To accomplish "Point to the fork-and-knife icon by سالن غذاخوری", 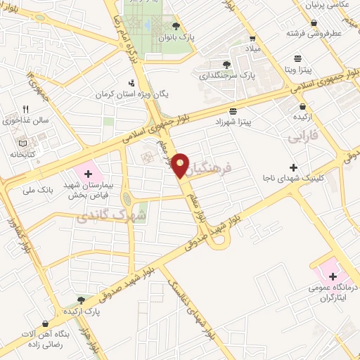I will click(26, 109).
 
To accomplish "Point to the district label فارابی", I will click(304, 136).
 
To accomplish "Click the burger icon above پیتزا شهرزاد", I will click(233, 111).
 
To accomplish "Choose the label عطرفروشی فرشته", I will click(313, 32).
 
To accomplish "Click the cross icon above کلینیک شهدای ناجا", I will click(294, 167).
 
